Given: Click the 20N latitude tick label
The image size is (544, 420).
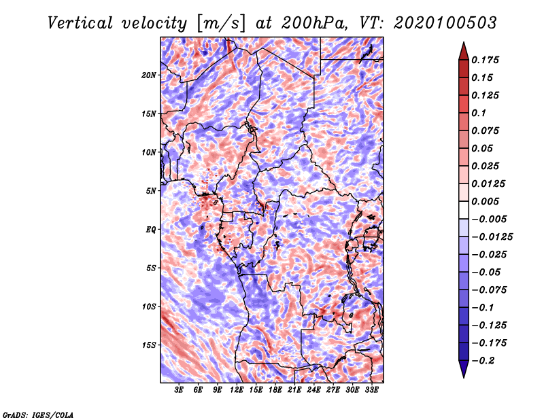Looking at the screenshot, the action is tap(148, 75).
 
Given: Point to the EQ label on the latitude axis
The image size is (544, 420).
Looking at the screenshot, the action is tap(150, 230).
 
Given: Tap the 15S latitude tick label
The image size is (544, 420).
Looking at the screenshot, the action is tap(148, 345).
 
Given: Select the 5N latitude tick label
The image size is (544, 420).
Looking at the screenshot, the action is tap(150, 191).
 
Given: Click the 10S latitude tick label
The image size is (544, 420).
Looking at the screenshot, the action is tap(148, 307).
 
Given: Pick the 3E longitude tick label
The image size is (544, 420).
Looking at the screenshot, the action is tap(179, 390).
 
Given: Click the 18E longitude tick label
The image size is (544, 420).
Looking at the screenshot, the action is tap(275, 390).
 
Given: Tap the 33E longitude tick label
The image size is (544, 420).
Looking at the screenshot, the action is tap(371, 390).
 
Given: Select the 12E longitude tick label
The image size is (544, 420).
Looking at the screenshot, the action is tap(237, 390).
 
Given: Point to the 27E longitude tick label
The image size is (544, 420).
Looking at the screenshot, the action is tap(333, 390).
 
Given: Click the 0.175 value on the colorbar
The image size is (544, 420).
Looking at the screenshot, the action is tap(485, 60).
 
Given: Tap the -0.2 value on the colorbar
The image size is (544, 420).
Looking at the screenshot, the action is tap(483, 361).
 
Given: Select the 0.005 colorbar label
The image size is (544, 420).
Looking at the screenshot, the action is tap(485, 201).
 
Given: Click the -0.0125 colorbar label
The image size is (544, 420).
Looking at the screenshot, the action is tap(492, 237).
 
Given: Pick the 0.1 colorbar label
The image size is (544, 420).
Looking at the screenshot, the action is tap(479, 113).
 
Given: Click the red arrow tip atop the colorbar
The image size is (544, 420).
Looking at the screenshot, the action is tap(464, 43).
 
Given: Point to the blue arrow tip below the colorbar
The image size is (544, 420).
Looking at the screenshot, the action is tap(464, 377).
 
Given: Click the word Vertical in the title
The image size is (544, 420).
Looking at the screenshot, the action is tap(80, 23).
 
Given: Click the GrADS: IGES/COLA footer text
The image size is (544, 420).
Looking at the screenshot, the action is tap(38, 415).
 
